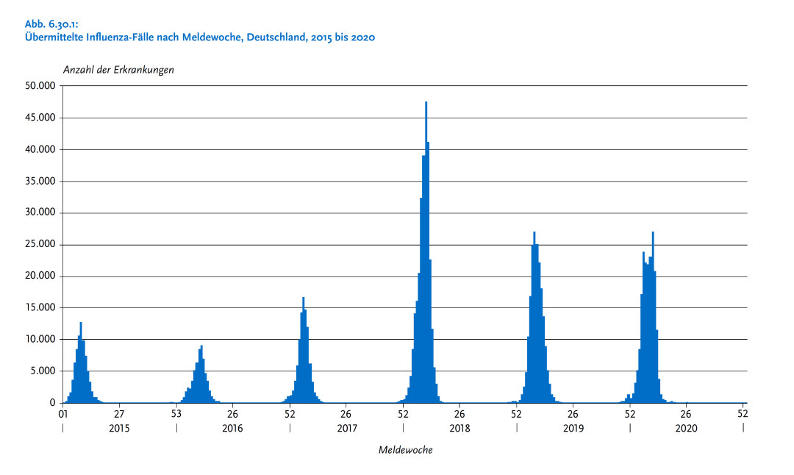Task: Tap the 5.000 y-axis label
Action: (x=43, y=371)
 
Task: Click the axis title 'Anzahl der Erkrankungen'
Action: (x=118, y=70)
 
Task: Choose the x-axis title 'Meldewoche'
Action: (x=405, y=449)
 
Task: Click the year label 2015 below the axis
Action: (x=118, y=428)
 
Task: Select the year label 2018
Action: (x=459, y=428)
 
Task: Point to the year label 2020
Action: (x=686, y=428)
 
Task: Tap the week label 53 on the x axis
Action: (x=176, y=414)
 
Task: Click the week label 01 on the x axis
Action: (x=63, y=414)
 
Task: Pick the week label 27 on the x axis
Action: (x=119, y=414)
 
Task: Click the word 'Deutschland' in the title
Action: (x=285, y=37)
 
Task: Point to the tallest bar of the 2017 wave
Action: (x=303, y=350)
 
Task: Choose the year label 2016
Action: (x=232, y=428)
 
